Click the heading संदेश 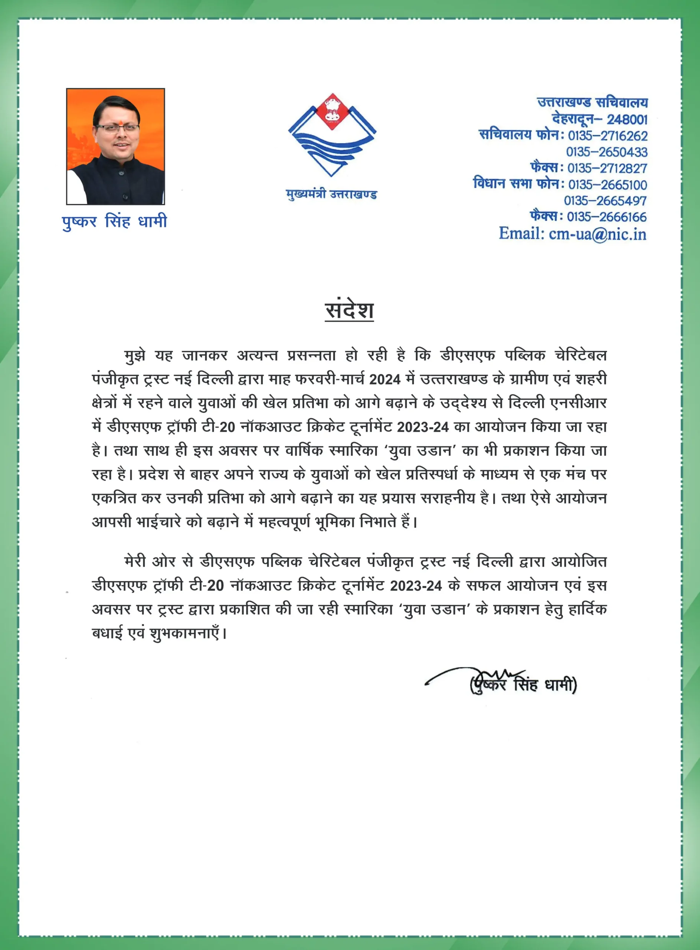click(349, 311)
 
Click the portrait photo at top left click(115, 147)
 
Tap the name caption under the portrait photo click(114, 222)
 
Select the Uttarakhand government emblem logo click(332, 135)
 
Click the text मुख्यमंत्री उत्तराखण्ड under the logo click(331, 194)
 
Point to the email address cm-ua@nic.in click(598, 234)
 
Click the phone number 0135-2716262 click(607, 136)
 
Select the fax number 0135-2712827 click(607, 168)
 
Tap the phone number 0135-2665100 click(607, 185)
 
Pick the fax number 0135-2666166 click(607, 217)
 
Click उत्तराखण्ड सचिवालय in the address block click(592, 103)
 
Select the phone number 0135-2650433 click(606, 152)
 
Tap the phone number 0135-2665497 click(605, 201)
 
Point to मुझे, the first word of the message click(135, 356)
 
